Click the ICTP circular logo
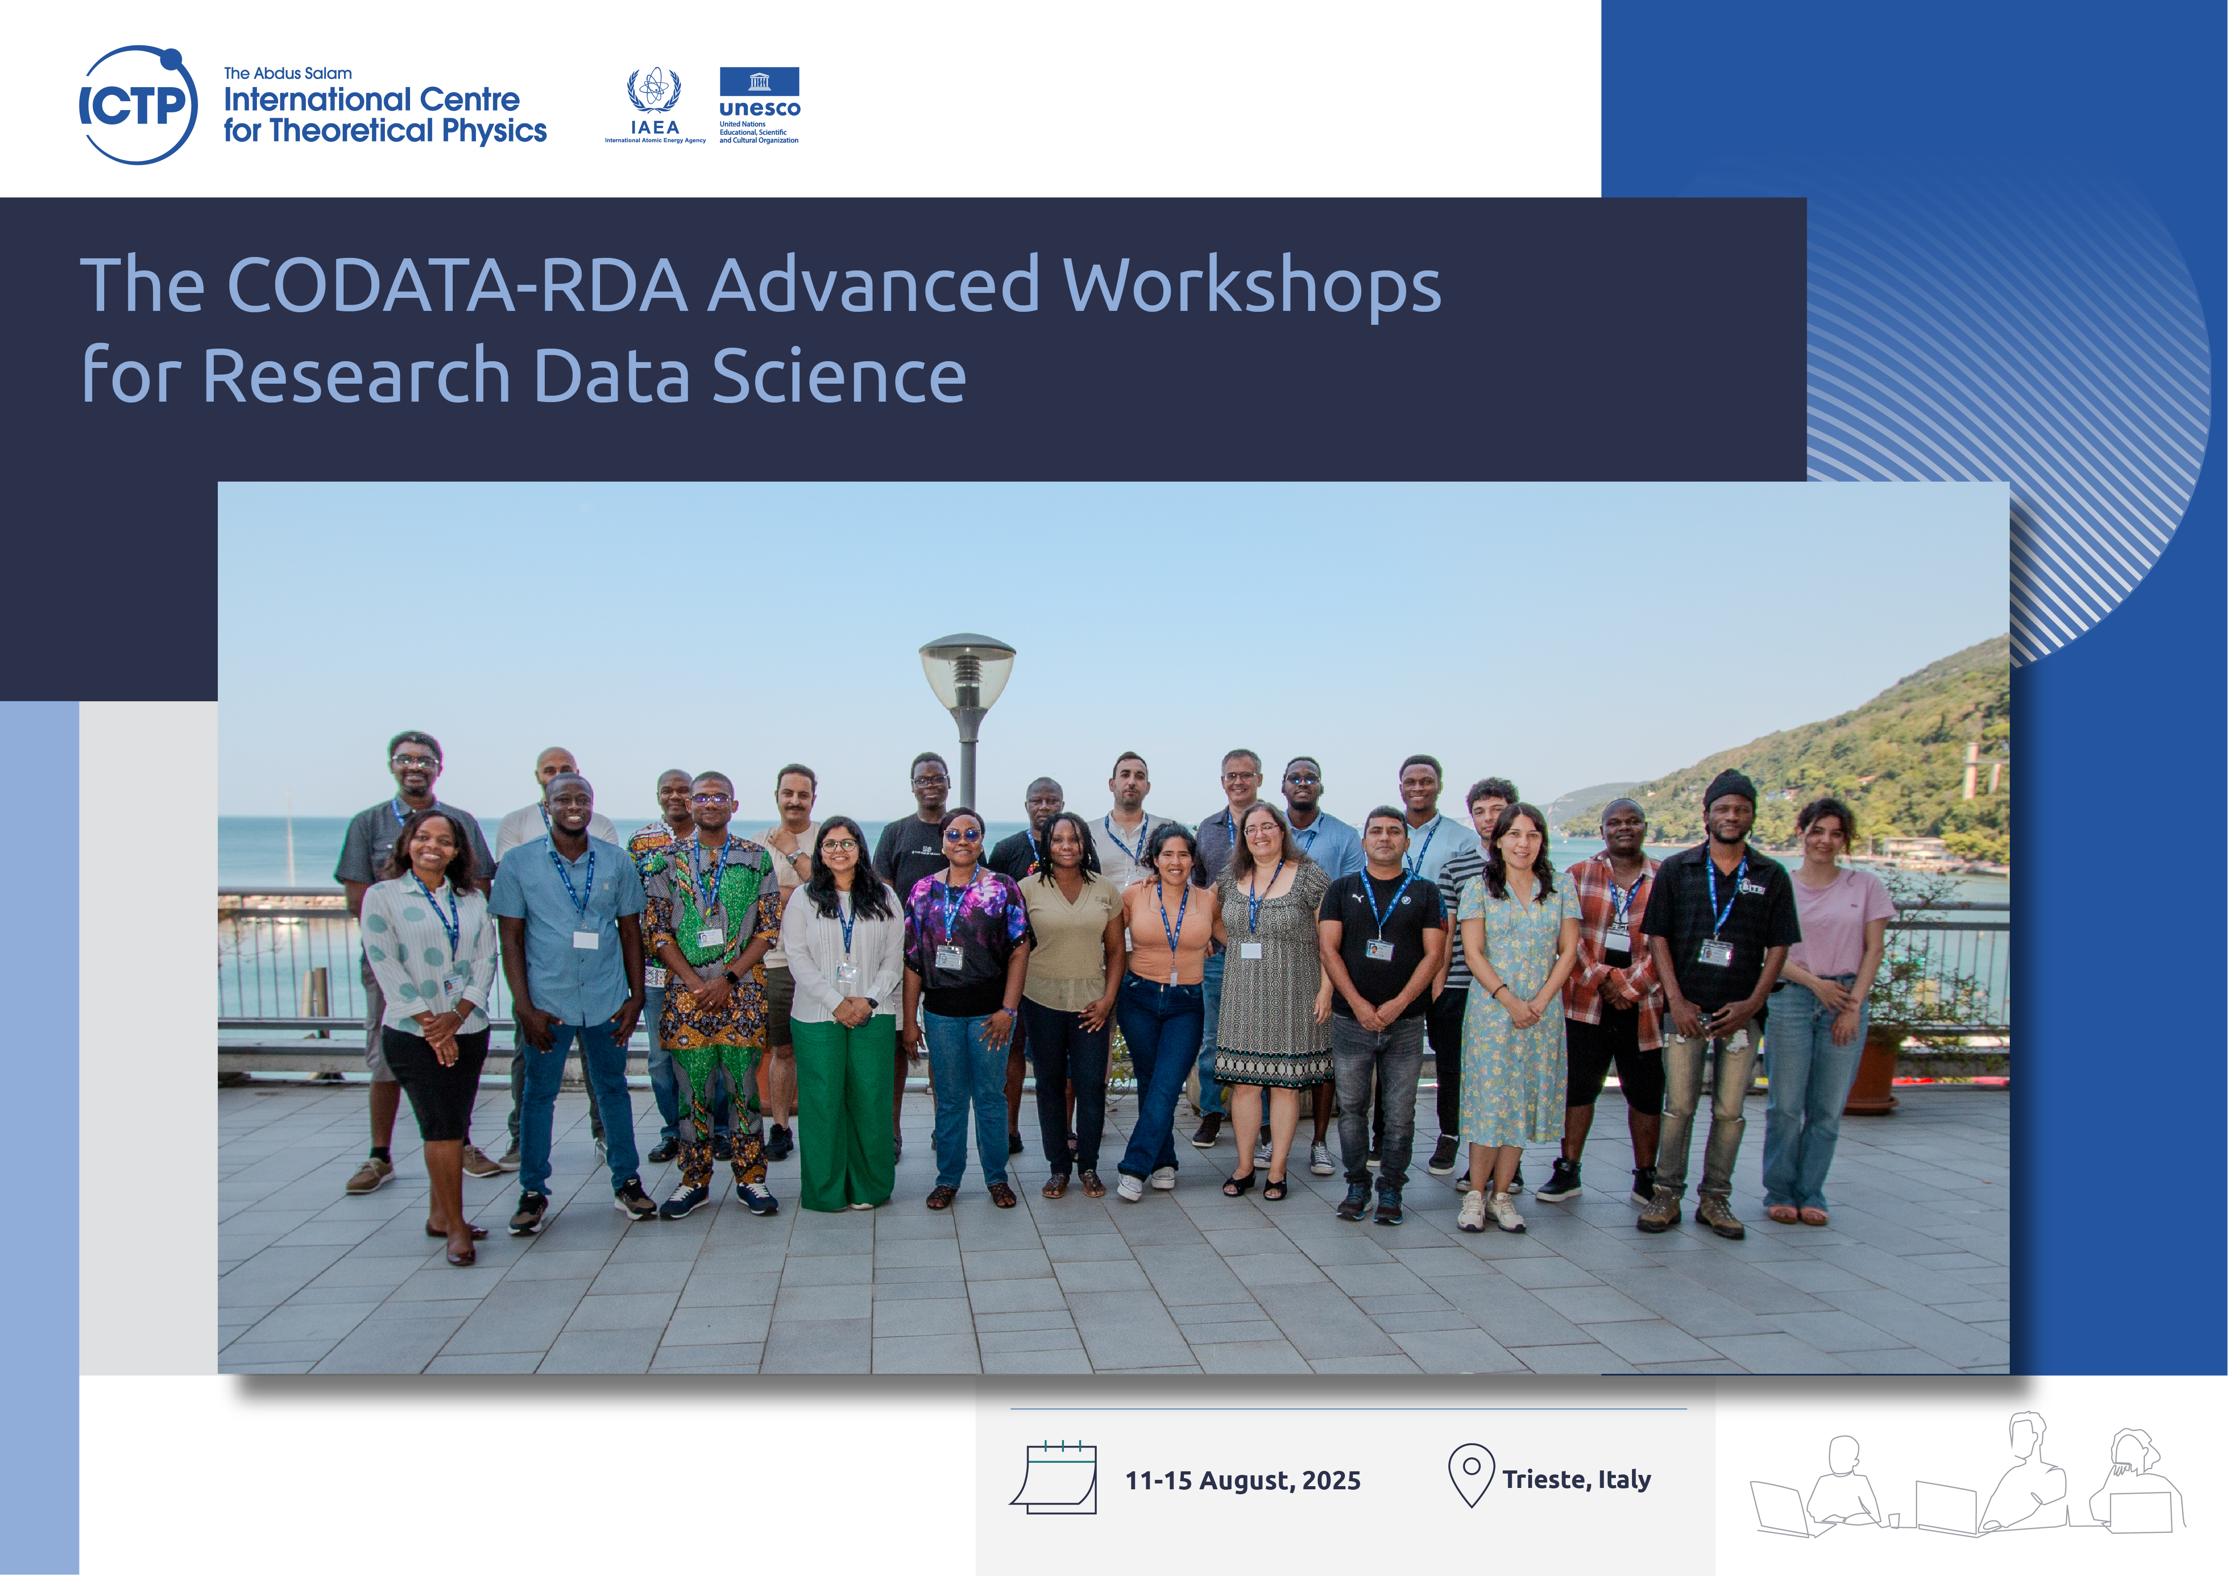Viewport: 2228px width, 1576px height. (x=138, y=105)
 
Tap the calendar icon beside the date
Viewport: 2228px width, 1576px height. (x=1054, y=1477)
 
